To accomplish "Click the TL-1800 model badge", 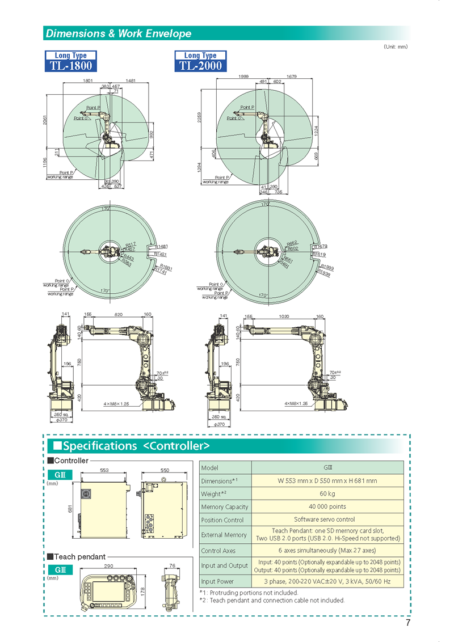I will (x=71, y=61).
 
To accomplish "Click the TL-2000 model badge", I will (x=200, y=61).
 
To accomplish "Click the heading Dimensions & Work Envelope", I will (x=119, y=33).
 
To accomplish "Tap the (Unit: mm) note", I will (x=395, y=47).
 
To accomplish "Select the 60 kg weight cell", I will (x=327, y=493).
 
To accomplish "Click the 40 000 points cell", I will (x=327, y=506).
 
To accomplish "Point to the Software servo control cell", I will (x=327, y=519).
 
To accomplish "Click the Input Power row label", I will (x=217, y=581).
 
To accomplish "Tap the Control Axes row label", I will (x=218, y=551).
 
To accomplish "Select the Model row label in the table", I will (x=209, y=468).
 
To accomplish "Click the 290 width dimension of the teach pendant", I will (x=110, y=565).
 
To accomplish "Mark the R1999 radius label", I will (x=327, y=267).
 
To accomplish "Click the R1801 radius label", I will (x=166, y=267).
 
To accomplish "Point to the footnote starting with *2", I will (x=272, y=600).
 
